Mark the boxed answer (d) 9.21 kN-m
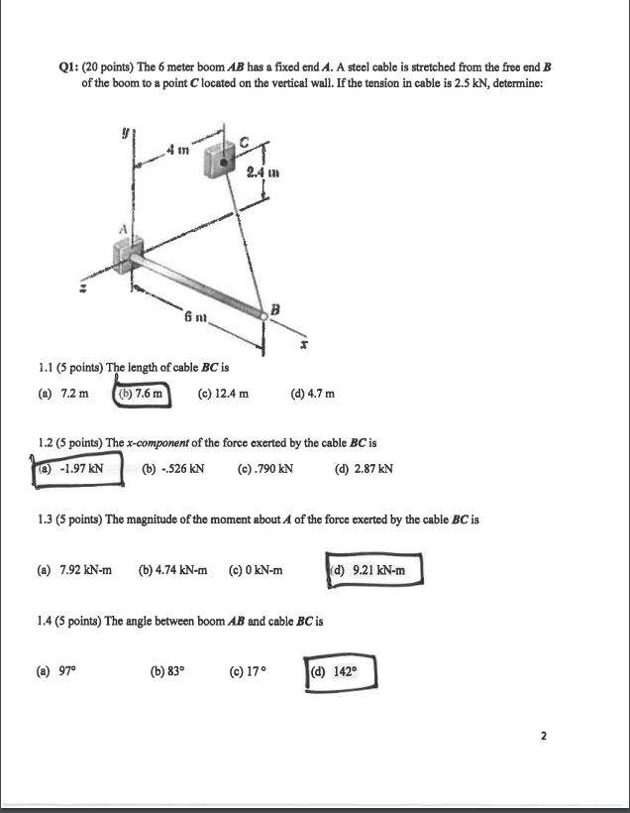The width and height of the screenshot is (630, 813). tap(373, 570)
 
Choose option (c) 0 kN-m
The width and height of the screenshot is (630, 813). tap(256, 571)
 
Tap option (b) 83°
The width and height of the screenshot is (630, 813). tap(165, 672)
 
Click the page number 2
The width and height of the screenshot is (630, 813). tap(543, 737)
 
